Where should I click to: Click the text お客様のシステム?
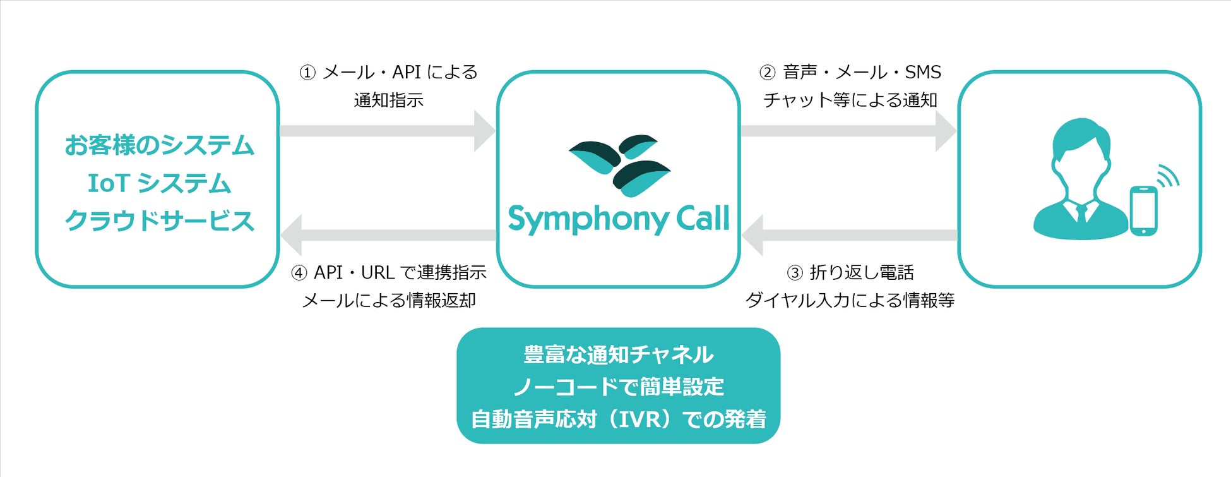coord(159,145)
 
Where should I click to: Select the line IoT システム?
coord(159,184)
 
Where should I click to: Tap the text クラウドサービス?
coord(159,221)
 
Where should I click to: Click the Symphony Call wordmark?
coord(619,219)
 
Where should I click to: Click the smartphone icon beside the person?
coord(1143,211)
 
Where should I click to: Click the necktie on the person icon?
coord(1081,213)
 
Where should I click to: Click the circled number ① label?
coord(307,73)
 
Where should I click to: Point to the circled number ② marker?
coord(767,73)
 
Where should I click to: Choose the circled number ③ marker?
coord(795,274)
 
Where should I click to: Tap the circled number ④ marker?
coord(299,274)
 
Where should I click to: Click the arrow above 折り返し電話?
coord(850,235)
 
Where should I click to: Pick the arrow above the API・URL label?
coord(388,235)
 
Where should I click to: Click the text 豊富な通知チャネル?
coord(619,355)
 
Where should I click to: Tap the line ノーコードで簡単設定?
coord(619,387)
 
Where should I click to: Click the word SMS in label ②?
coord(923,73)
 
